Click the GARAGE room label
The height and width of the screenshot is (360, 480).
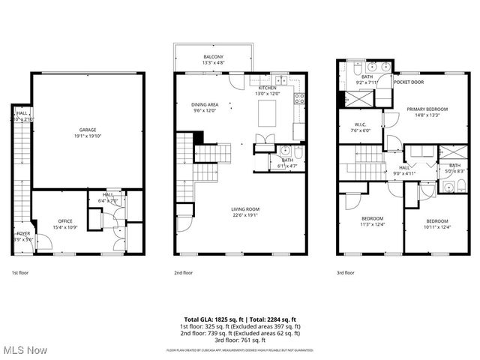[88, 129]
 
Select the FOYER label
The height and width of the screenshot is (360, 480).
[23, 234]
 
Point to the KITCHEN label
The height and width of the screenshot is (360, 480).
[268, 88]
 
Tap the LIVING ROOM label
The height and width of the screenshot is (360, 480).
[245, 209]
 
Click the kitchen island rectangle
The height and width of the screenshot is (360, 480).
[268, 115]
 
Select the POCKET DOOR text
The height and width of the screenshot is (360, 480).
[407, 82]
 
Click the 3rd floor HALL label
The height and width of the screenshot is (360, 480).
[404, 168]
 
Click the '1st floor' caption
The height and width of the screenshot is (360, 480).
[21, 274]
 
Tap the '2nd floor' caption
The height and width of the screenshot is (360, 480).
[184, 274]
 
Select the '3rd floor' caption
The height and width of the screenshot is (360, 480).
[346, 274]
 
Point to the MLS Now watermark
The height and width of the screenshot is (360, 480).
[24, 350]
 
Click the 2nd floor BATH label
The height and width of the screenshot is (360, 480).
[287, 159]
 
